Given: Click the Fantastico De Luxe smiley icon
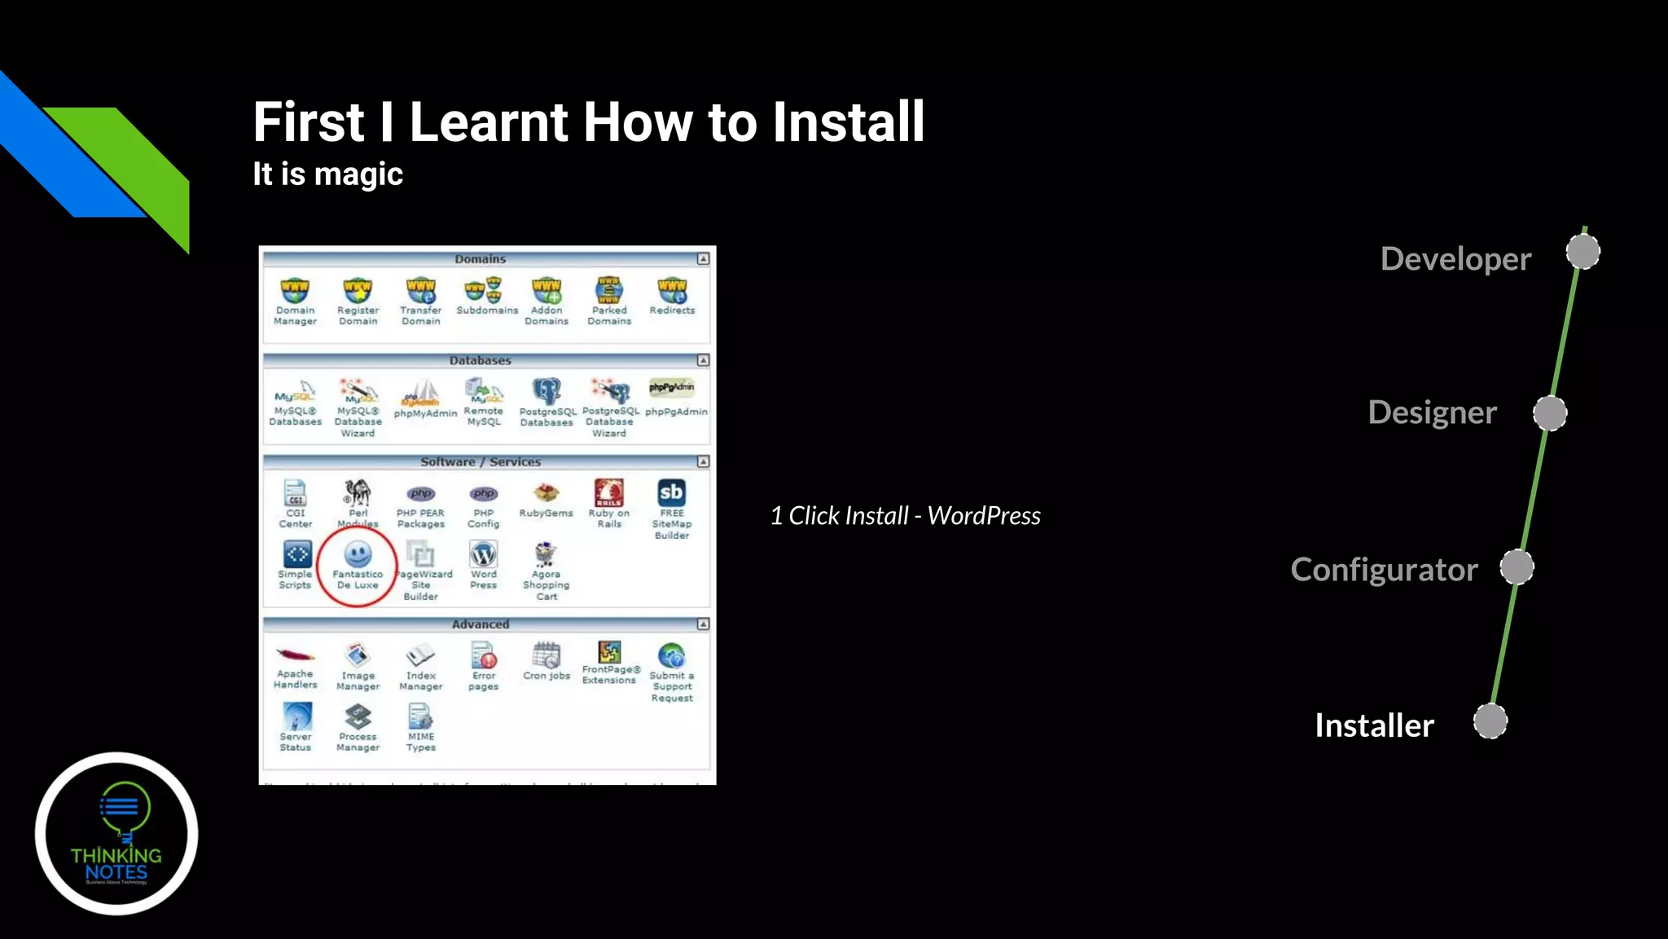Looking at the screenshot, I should [358, 554].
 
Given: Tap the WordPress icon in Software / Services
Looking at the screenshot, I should [483, 555].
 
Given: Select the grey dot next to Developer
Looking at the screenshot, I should [1583, 252].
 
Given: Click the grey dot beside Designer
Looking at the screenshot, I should [1550, 413].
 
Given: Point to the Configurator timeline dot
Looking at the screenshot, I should [1517, 567].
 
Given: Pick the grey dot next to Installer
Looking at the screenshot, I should [1490, 722].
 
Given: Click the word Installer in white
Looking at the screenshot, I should [1374, 725].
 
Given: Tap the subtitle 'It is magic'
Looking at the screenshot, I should [327, 174].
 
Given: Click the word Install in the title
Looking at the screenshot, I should [848, 122].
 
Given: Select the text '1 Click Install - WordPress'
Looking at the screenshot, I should [905, 515].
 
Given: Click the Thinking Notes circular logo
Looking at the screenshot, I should [116, 833].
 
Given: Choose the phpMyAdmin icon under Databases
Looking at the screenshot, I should [423, 394].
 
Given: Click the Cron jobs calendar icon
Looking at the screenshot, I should [546, 655].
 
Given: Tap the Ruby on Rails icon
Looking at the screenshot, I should [609, 492].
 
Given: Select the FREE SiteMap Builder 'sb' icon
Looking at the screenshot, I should [671, 492].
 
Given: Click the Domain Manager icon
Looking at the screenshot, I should [295, 290].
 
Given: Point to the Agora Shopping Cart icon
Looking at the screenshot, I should [546, 555].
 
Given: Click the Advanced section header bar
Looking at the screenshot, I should [481, 624].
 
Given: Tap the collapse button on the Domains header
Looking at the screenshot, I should [703, 259].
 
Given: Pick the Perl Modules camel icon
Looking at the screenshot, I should [358, 492].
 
